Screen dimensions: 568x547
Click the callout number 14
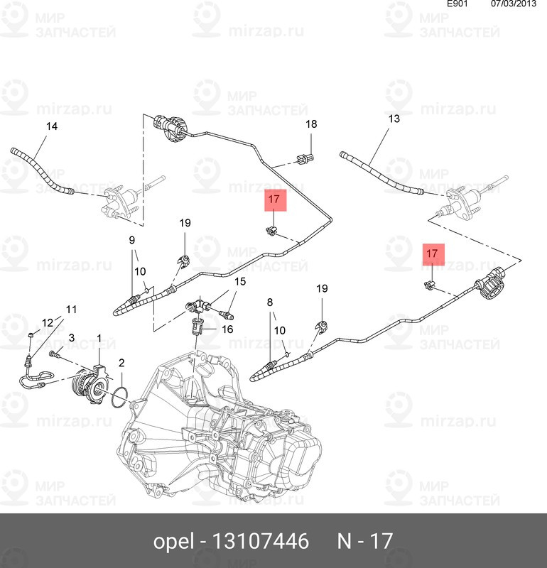click(52, 127)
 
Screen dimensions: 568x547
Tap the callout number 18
click(311, 124)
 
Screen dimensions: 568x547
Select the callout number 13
click(394, 119)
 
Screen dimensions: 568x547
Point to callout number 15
click(240, 282)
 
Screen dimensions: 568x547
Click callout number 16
click(227, 329)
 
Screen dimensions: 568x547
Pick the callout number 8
click(270, 302)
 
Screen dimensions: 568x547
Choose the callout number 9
click(131, 239)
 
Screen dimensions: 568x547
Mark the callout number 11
click(71, 309)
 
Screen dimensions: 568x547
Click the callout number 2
click(121, 363)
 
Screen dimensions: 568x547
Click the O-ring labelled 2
click(120, 398)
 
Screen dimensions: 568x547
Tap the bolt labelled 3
click(55, 353)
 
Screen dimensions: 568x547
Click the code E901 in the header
click(457, 4)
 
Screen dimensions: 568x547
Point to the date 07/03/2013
click(513, 4)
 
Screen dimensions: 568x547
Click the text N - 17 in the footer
click(364, 542)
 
